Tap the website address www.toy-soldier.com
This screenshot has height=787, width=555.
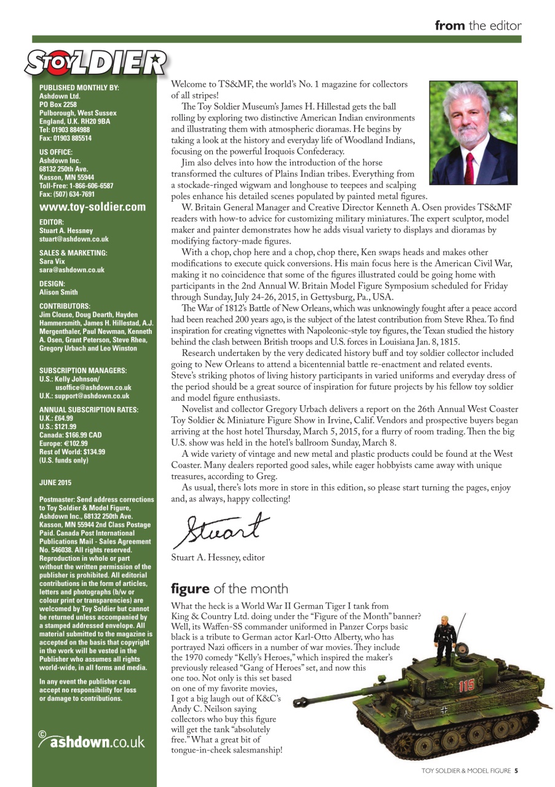pyautogui.click(x=92, y=207)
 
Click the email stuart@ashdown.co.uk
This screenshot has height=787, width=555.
pyautogui.click(x=74, y=239)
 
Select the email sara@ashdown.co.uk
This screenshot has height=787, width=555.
pyautogui.click(x=71, y=270)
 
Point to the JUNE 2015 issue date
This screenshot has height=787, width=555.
pyautogui.click(x=55, y=483)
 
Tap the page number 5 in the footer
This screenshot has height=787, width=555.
pyautogui.click(x=516, y=770)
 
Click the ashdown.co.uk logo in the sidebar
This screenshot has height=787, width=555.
pyautogui.click(x=92, y=740)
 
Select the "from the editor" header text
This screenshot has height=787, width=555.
pyautogui.click(x=478, y=26)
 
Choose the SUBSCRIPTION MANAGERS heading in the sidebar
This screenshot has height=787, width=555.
pyautogui.click(x=83, y=371)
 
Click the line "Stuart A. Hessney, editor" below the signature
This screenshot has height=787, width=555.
pyautogui.click(x=218, y=558)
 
